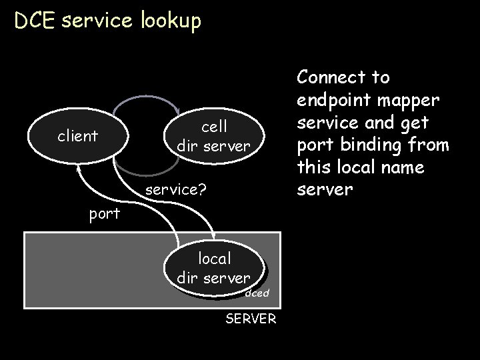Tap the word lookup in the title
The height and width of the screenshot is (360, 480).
[170, 22]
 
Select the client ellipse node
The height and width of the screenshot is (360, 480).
[78, 136]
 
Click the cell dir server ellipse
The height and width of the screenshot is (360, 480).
[214, 135]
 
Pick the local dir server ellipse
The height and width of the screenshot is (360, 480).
[214, 267]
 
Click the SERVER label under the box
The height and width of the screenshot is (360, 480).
[251, 319]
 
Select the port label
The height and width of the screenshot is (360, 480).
[105, 214]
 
